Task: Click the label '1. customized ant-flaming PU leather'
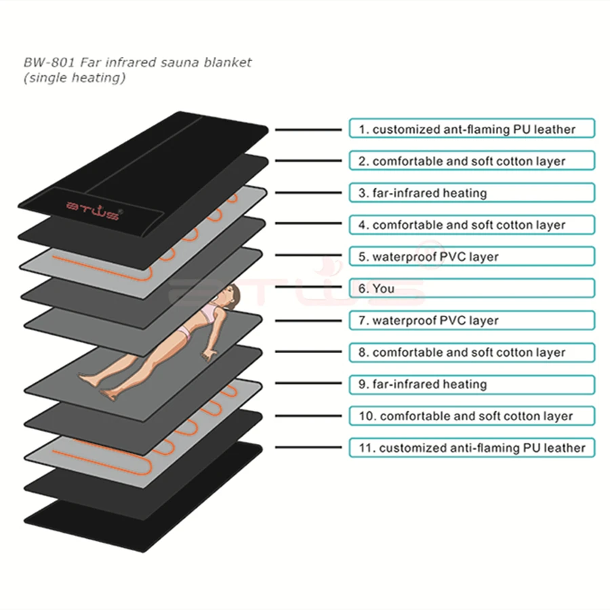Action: (x=472, y=129)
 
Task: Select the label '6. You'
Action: (x=472, y=288)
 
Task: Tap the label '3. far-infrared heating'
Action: (x=472, y=192)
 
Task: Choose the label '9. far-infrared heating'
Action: (x=472, y=384)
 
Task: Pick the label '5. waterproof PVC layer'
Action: (x=472, y=256)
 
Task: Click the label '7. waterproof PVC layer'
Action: (x=472, y=320)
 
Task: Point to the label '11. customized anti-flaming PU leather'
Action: (x=472, y=448)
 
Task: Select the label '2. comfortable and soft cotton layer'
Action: (x=472, y=161)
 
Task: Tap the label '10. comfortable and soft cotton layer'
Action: (x=472, y=416)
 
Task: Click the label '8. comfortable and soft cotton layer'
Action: (x=472, y=352)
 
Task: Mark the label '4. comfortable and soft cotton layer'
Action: (x=472, y=224)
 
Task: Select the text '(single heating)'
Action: (x=75, y=78)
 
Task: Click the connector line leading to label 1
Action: (x=308, y=129)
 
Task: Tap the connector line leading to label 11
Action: (x=308, y=448)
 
